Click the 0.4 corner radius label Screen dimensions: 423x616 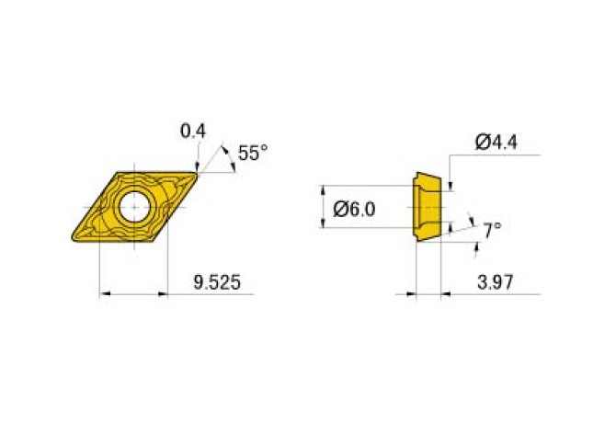(x=192, y=131)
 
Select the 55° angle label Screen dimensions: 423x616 (x=253, y=153)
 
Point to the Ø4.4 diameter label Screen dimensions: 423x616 (x=496, y=142)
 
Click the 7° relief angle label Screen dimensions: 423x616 (x=493, y=228)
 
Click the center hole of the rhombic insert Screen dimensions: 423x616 (x=134, y=207)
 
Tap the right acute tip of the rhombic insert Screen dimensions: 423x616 (x=198, y=173)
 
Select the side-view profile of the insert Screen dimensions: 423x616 (x=428, y=207)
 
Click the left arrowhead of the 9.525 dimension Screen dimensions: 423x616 (x=104, y=294)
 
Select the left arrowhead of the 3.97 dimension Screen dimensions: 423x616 (x=411, y=294)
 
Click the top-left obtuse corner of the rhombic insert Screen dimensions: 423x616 (x=117, y=171)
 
